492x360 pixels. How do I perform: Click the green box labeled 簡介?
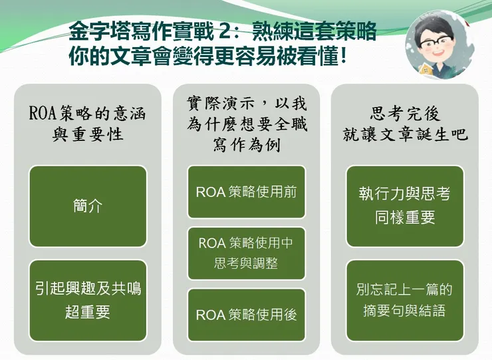click(x=88, y=206)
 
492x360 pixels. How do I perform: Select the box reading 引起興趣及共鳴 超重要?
click(x=88, y=301)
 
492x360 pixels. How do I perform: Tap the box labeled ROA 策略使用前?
click(x=246, y=192)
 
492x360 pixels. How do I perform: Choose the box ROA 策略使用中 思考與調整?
click(x=246, y=253)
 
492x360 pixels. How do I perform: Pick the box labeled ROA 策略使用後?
click(x=246, y=315)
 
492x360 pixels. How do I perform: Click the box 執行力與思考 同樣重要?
click(x=404, y=206)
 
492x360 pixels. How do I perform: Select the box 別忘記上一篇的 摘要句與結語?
click(x=404, y=301)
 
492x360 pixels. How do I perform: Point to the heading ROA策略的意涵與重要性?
click(x=88, y=123)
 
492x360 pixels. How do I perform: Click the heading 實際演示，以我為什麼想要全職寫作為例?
click(x=247, y=124)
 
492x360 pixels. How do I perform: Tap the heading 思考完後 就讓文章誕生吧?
click(x=405, y=124)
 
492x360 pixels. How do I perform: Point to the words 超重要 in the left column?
click(x=88, y=311)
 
